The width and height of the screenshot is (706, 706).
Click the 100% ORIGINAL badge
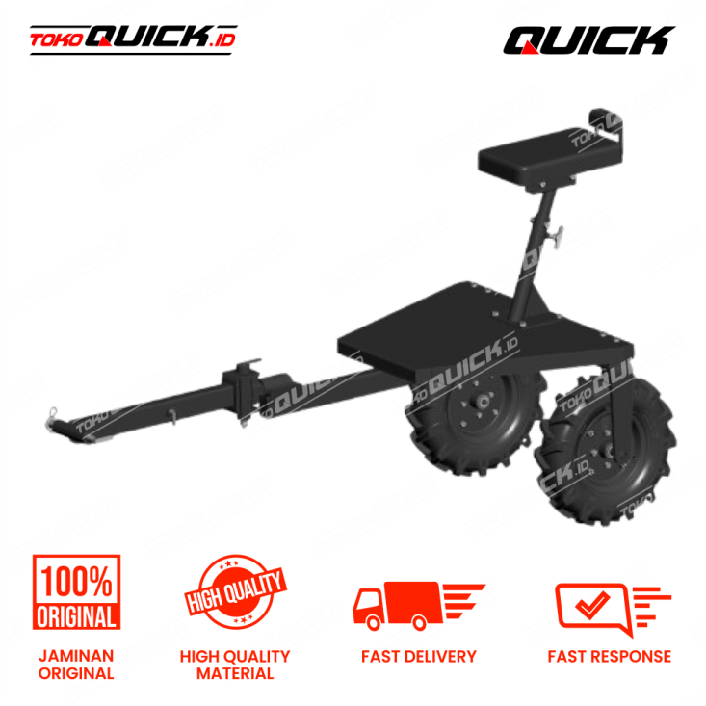tap(77, 592)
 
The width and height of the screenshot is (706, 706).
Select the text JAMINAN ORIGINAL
tap(77, 665)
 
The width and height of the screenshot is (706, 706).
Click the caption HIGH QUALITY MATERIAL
tap(235, 665)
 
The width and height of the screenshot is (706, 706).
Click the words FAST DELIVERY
tap(419, 657)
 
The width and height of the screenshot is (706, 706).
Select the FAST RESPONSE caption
tap(610, 657)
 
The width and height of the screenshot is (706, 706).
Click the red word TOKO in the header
tap(56, 39)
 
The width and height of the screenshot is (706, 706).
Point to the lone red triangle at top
tap(529, 47)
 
